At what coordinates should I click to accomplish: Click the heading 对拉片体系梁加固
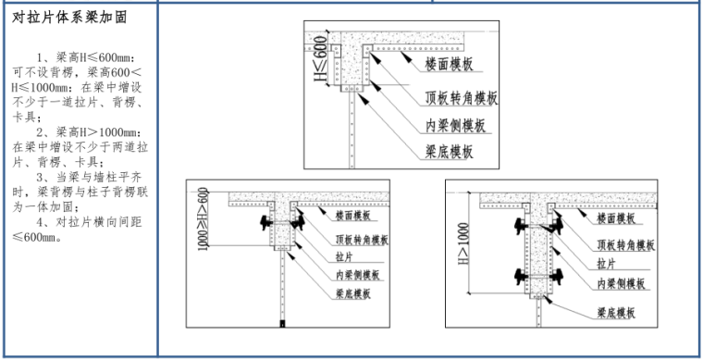[x=69, y=18]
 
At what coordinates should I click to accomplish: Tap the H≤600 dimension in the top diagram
[x=320, y=59]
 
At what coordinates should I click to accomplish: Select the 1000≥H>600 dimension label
[x=203, y=218]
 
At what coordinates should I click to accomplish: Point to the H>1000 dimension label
[x=463, y=243]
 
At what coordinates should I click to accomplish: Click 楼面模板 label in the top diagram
[x=449, y=64]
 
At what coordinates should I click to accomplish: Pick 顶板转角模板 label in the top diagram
[x=462, y=98]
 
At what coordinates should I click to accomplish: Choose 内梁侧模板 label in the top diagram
[x=455, y=126]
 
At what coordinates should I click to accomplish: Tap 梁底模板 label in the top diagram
[x=449, y=152]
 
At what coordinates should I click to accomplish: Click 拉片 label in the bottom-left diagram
[x=344, y=257]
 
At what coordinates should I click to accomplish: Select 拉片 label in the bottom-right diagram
[x=606, y=264]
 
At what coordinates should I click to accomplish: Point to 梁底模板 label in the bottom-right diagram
[x=615, y=313]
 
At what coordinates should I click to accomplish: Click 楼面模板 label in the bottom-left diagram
[x=353, y=216]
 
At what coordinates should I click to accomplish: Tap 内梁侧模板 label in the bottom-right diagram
[x=621, y=283]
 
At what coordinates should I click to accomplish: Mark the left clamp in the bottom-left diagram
[x=266, y=222]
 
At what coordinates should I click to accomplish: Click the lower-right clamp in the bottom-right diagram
[x=557, y=276]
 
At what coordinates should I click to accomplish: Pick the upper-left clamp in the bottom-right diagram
[x=521, y=226]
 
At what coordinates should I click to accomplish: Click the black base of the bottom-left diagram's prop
[x=282, y=323]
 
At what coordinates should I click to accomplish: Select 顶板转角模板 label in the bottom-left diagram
[x=362, y=240]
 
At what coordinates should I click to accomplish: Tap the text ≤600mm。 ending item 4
[x=38, y=237]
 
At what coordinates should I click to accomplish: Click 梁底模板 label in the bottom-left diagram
[x=353, y=294]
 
